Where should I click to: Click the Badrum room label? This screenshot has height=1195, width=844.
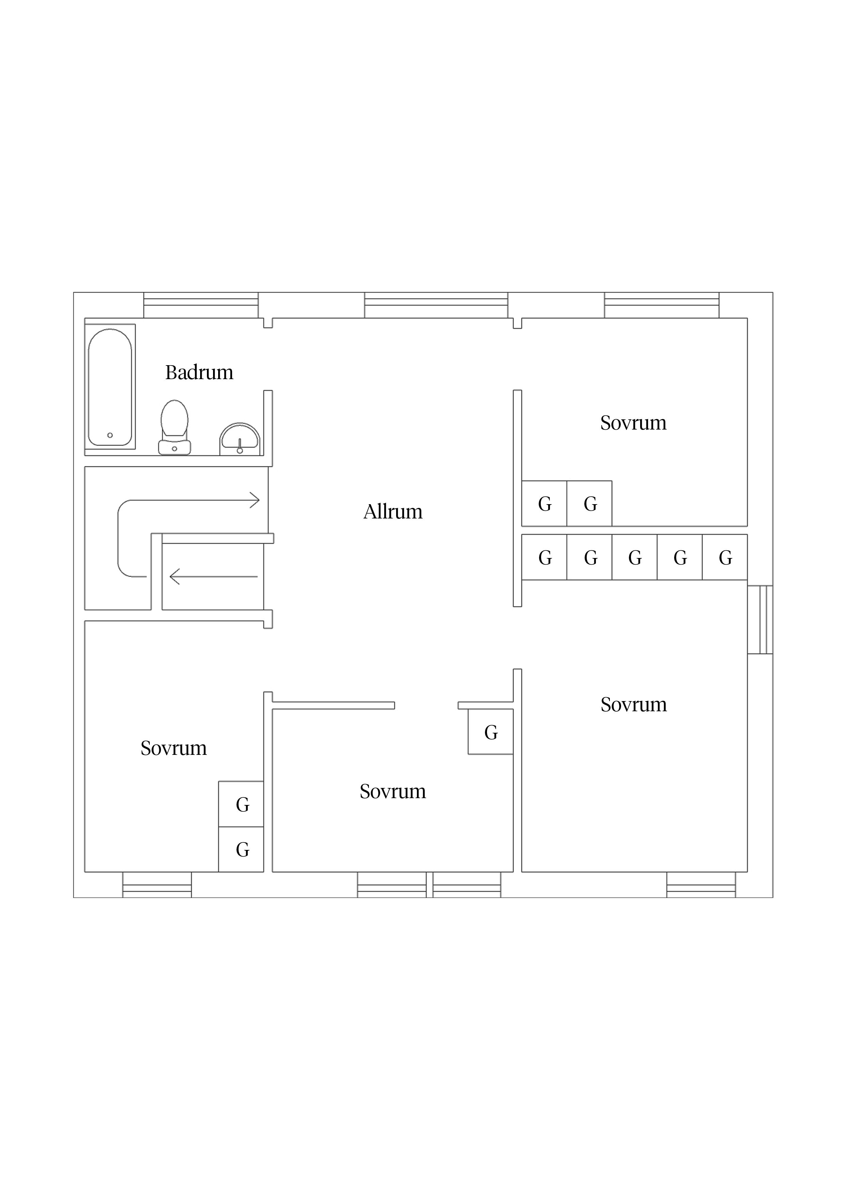tap(199, 373)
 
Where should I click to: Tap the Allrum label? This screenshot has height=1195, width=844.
tap(393, 512)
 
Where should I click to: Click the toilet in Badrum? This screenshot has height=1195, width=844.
tap(174, 427)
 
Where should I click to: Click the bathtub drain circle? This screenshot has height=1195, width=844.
tap(110, 435)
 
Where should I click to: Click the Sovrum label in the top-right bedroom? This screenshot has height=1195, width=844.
tap(633, 423)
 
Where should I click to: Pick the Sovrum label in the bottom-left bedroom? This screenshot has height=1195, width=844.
tap(173, 748)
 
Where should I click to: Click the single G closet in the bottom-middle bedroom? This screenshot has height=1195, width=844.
tap(490, 731)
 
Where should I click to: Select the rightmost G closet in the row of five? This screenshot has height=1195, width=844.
tap(725, 557)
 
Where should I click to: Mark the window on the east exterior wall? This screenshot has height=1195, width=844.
tap(760, 619)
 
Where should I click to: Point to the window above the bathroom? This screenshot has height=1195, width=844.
tap(201, 305)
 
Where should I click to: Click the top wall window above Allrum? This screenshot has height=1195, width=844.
tap(436, 305)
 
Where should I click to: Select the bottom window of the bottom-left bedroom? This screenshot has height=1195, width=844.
tap(157, 885)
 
